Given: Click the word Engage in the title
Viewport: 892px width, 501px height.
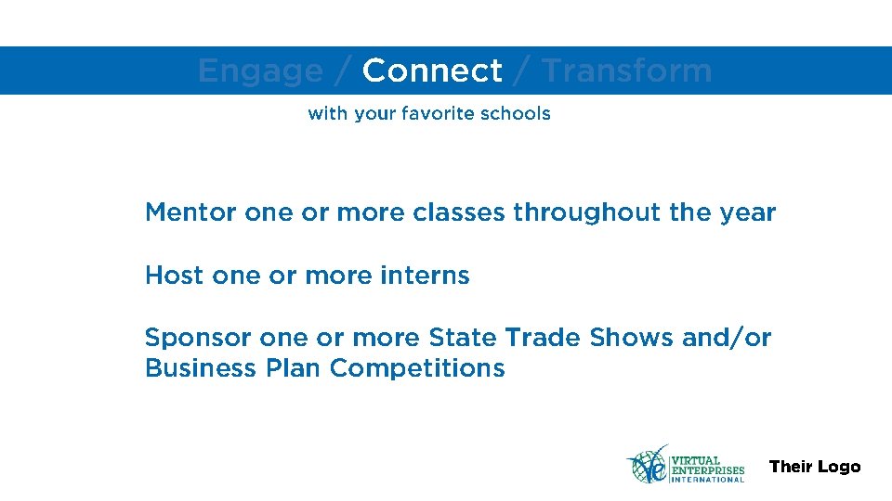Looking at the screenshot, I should click(x=260, y=71).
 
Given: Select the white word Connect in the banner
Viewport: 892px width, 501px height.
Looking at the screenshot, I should click(x=432, y=71).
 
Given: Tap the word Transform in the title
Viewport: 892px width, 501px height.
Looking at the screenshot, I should click(x=626, y=71).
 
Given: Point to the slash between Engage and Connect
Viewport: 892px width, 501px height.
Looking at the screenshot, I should click(x=342, y=71).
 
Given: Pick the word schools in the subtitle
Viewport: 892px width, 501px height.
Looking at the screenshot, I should click(x=516, y=114).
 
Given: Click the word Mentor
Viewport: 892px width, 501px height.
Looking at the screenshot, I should click(x=190, y=212).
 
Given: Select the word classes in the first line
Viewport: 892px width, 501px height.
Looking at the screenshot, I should click(x=459, y=212).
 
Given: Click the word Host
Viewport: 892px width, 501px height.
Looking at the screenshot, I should click(x=174, y=276).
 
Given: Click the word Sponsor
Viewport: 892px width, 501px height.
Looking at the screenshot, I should click(x=198, y=338).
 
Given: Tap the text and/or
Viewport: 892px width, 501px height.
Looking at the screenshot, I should click(x=727, y=338).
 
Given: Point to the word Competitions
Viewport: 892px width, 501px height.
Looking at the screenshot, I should click(x=417, y=368).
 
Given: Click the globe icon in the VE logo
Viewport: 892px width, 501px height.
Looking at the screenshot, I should click(x=649, y=464).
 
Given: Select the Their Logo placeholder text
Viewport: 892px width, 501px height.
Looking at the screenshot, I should click(x=815, y=467).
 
